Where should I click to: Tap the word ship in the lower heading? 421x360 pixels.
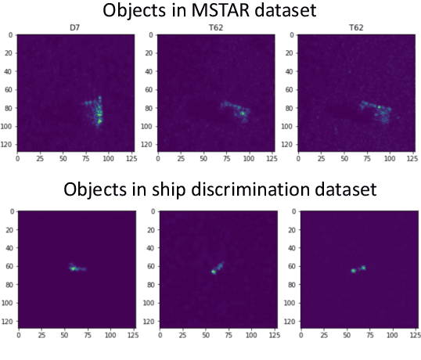pos(177,191)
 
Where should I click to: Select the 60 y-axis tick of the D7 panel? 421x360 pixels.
pos(9,88)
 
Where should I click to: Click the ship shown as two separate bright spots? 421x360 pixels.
pos(358,269)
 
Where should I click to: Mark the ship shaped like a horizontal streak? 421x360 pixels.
pos(76,268)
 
